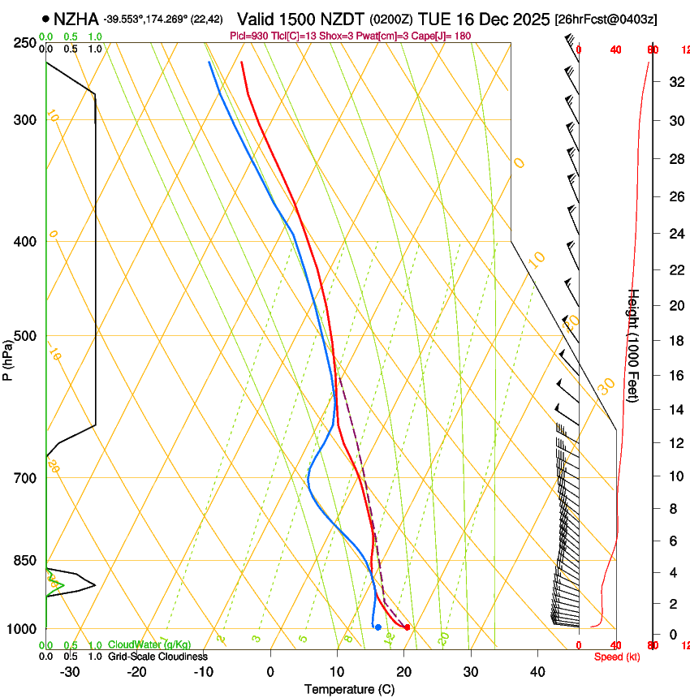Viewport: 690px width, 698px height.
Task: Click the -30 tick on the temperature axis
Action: coord(70,672)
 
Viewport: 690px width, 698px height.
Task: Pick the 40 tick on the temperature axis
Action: coord(537,672)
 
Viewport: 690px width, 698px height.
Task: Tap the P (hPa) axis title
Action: coord(8,357)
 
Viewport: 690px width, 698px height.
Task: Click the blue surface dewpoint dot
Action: coord(378,627)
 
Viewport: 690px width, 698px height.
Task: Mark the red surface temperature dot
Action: coord(408,627)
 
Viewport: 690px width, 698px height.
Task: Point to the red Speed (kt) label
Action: coord(617,657)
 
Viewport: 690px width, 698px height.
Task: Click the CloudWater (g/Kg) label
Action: coord(149,645)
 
